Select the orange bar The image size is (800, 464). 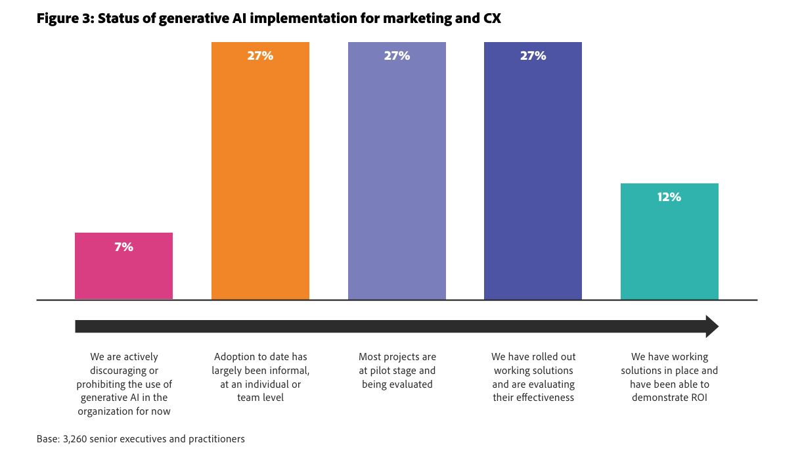coord(260,171)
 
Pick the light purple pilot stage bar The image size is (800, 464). coord(397,171)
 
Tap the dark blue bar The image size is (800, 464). coord(533,171)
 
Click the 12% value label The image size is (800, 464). coord(669,197)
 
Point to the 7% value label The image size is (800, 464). coord(123,247)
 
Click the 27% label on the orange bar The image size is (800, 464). coord(260,56)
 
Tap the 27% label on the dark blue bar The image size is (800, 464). coord(533,56)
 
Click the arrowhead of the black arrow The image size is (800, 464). coord(712,326)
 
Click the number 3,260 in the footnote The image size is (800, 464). coord(77,439)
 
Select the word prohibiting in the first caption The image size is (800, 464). coord(102,384)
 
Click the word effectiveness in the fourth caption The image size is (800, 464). coord(533,398)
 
